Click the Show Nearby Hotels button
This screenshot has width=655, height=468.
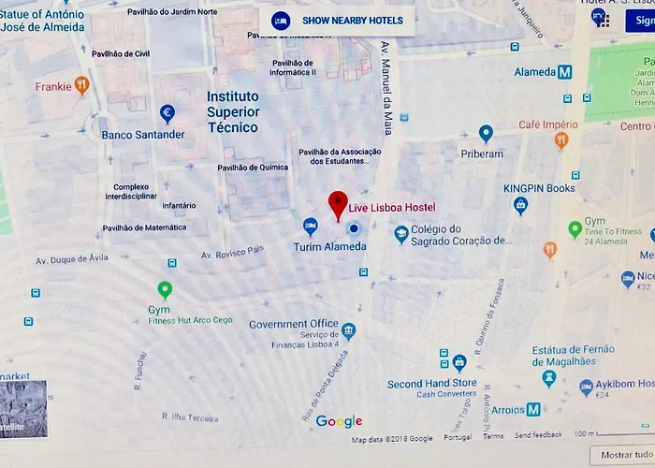click(x=338, y=21)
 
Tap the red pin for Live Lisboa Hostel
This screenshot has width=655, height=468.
click(x=338, y=204)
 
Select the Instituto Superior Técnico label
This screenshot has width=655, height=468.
click(x=233, y=111)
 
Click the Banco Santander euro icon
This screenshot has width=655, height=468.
click(x=167, y=113)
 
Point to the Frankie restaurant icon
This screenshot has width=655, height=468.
click(x=82, y=86)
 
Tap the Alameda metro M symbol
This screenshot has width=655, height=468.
click(x=564, y=72)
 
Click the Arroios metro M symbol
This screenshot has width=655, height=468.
click(x=532, y=409)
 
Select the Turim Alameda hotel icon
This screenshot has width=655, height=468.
click(x=310, y=226)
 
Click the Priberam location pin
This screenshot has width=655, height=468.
click(x=486, y=134)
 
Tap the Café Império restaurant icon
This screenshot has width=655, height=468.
click(x=561, y=140)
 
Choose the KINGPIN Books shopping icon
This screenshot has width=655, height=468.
click(x=521, y=205)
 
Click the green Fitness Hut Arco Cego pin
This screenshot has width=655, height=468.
click(x=165, y=289)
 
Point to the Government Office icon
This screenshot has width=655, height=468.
click(x=348, y=330)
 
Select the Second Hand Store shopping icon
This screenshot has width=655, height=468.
click(x=458, y=362)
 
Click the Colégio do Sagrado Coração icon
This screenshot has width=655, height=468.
click(x=401, y=234)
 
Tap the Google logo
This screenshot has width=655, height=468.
click(x=339, y=421)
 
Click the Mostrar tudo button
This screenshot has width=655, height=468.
click(x=622, y=456)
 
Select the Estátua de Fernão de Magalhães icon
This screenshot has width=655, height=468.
click(x=549, y=378)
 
